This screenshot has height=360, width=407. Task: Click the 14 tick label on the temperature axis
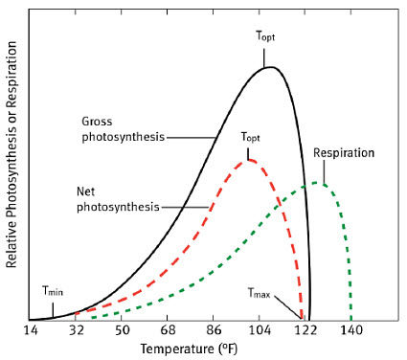click(30, 329)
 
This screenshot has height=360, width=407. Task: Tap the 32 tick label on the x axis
click(76, 329)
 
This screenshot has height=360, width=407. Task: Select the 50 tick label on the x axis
click(122, 329)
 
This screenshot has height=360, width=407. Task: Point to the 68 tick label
click(168, 329)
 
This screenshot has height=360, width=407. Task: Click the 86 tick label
click(214, 329)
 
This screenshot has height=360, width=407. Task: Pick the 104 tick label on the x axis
click(260, 329)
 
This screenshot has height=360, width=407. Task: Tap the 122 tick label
click(305, 329)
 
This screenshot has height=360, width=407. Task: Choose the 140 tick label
click(351, 329)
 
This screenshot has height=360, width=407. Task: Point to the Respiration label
click(342, 152)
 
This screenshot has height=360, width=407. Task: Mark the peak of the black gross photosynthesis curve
click(272, 67)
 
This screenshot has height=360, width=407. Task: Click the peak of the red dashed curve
click(249, 159)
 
